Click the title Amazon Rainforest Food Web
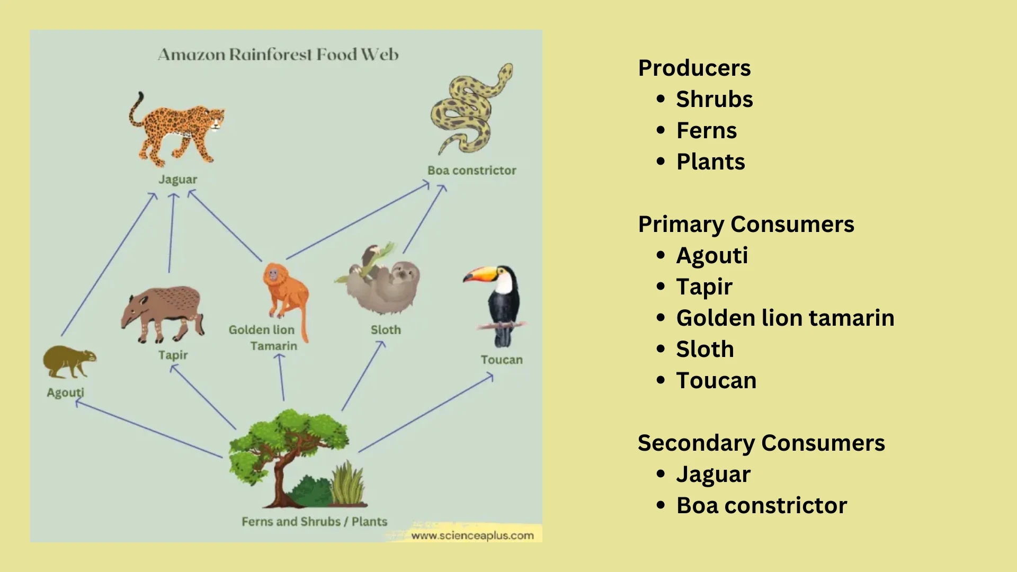pyautogui.click(x=278, y=55)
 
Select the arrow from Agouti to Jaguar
pyautogui.click(x=109, y=264)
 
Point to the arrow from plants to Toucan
pyautogui.click(x=426, y=413)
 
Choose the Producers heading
pyautogui.click(x=694, y=68)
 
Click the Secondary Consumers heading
pyautogui.click(x=761, y=443)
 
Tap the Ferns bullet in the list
pyautogui.click(x=706, y=131)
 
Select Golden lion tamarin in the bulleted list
pyautogui.click(x=785, y=318)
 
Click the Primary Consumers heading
pyautogui.click(x=746, y=225)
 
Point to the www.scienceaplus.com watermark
pyautogui.click(x=472, y=535)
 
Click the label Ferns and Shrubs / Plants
pyautogui.click(x=314, y=522)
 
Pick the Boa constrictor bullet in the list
pyautogui.click(x=761, y=506)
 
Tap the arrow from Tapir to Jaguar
pyautogui.click(x=171, y=233)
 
